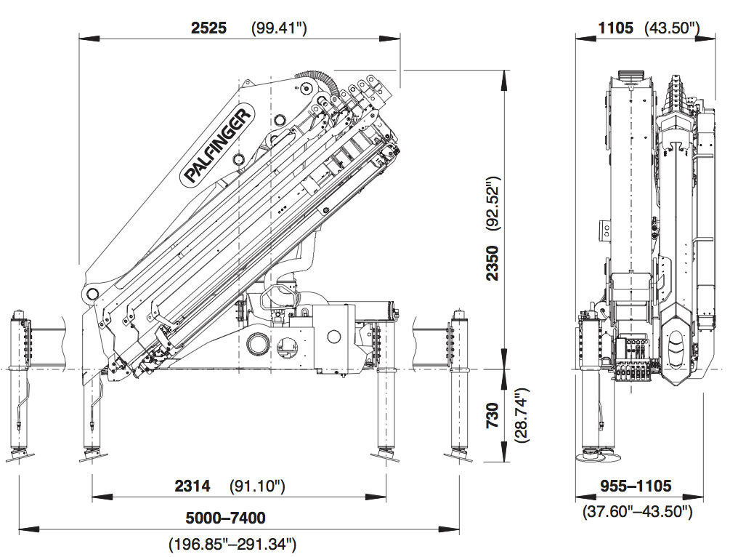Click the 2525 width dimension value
pyautogui.click(x=209, y=28)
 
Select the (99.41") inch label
pyautogui.click(x=279, y=28)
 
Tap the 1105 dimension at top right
pyautogui.click(x=616, y=28)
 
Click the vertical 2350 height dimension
pyautogui.click(x=493, y=263)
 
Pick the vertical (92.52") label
pyautogui.click(x=493, y=202)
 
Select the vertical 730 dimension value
pyautogui.click(x=493, y=415)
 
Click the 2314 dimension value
pyautogui.click(x=192, y=486)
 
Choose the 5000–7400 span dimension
pyautogui.click(x=226, y=518)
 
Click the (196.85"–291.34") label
pyautogui.click(x=232, y=543)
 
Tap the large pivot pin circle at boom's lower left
pyautogui.click(x=92, y=294)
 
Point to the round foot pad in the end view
pyautogui.click(x=598, y=457)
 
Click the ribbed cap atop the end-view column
pyautogui.click(x=630, y=76)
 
